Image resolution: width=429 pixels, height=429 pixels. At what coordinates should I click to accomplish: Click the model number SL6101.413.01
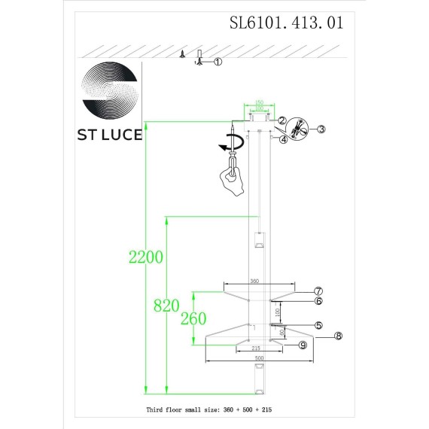(286, 22)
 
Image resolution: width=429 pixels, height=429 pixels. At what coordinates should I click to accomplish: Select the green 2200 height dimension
(145, 257)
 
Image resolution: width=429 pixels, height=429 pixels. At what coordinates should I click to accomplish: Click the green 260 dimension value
(193, 318)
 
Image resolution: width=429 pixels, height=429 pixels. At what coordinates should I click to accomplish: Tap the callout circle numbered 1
(218, 62)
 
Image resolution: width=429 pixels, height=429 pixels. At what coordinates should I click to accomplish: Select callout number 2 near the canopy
(281, 120)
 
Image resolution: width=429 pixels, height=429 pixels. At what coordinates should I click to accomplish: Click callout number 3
(320, 129)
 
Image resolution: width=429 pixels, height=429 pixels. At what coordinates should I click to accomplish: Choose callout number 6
(318, 301)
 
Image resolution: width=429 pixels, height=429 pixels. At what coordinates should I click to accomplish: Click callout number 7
(318, 291)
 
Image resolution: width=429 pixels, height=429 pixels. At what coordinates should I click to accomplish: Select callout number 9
(302, 345)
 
